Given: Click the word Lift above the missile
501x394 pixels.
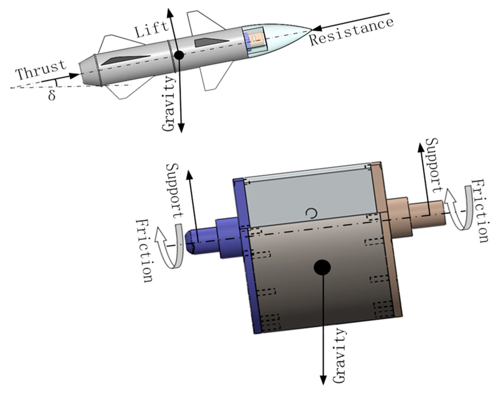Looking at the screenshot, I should [x=152, y=29].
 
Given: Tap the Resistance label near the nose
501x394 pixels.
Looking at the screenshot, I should [x=351, y=31].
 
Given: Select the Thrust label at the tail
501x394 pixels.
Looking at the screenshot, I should [x=41, y=70].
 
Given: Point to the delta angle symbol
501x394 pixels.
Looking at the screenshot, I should [x=52, y=95].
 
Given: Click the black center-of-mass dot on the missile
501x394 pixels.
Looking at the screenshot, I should [x=179, y=55].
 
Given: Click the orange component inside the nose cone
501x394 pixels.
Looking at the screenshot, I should [x=256, y=39].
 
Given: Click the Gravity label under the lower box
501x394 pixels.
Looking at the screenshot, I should [x=339, y=356].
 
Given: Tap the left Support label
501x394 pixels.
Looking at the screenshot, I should [x=175, y=190].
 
